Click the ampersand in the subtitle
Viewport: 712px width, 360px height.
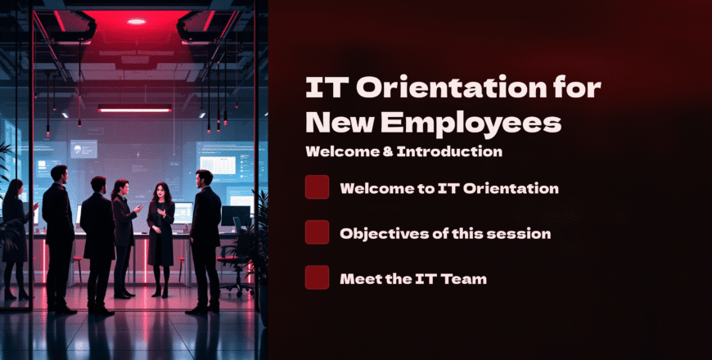(x=387, y=151)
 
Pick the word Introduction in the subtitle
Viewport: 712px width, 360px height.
(x=449, y=151)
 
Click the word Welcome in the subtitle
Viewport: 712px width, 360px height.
(x=342, y=151)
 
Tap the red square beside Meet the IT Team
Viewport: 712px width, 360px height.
(x=317, y=277)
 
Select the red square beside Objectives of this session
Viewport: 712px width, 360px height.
(x=317, y=232)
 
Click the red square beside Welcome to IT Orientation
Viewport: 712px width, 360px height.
(x=317, y=187)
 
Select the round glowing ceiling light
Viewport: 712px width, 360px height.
(x=136, y=21)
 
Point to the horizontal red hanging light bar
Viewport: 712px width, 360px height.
(x=135, y=108)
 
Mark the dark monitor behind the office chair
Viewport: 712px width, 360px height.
(x=235, y=216)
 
